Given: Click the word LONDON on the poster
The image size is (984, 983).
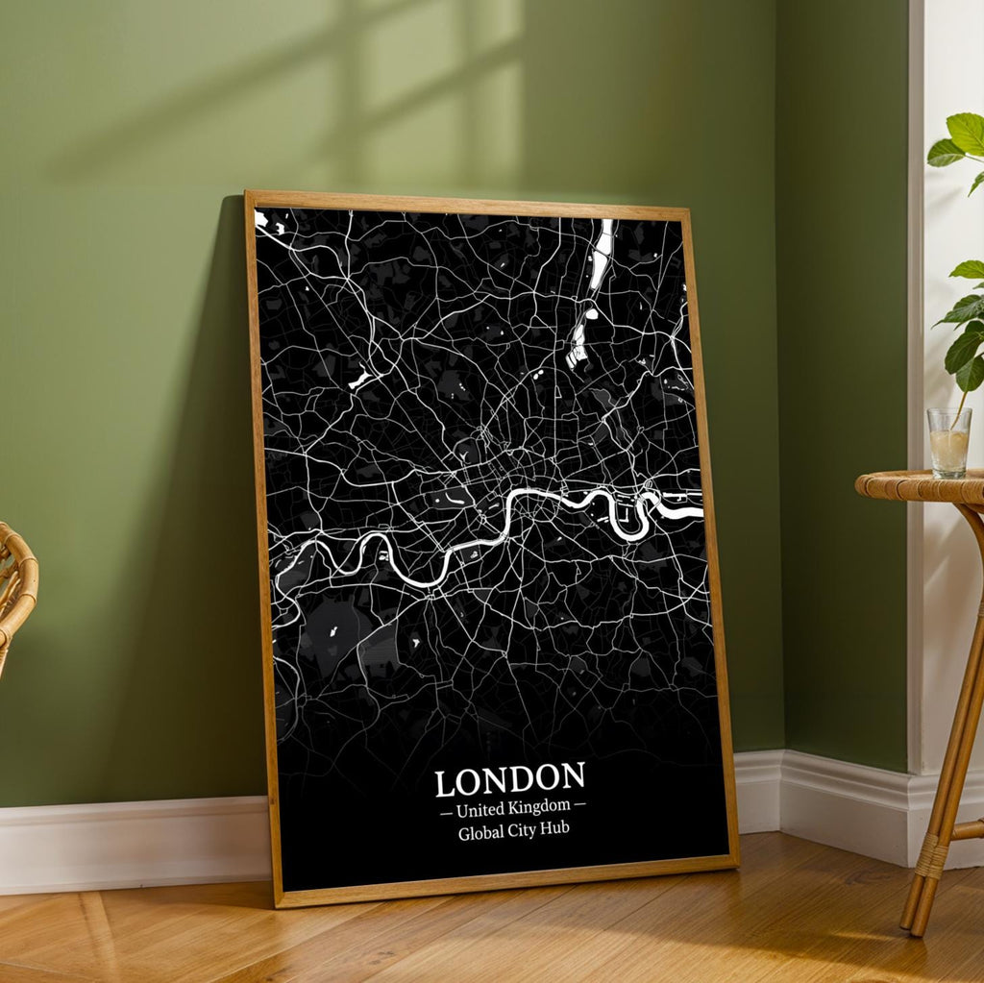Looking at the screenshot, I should click(x=509, y=779).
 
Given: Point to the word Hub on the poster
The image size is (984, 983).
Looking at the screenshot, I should click(x=554, y=830).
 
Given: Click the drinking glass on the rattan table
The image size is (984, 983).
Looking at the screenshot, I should click(x=949, y=442).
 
